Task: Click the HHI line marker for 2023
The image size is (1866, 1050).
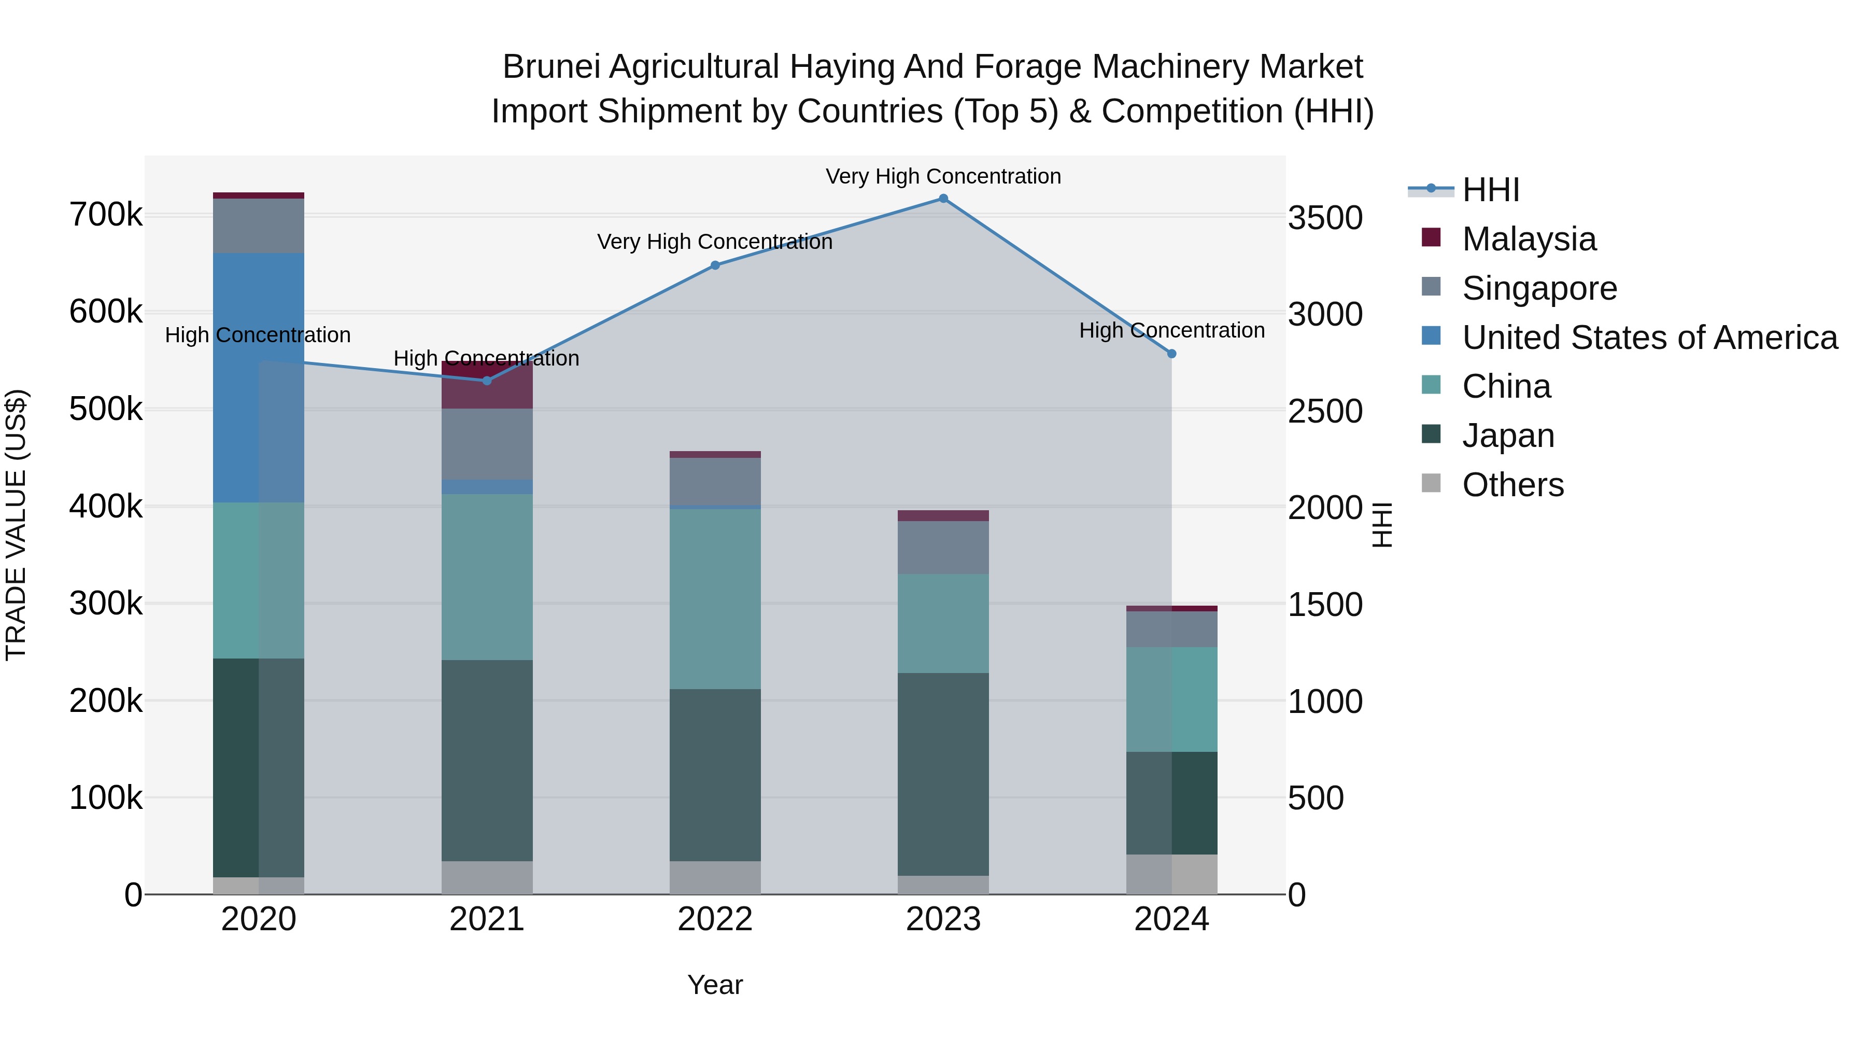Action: pyautogui.click(x=943, y=199)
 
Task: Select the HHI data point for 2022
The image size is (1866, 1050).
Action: pyautogui.click(x=715, y=265)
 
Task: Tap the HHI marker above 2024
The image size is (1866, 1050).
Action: pyautogui.click(x=1171, y=354)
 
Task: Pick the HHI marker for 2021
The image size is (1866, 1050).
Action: pyautogui.click(x=487, y=381)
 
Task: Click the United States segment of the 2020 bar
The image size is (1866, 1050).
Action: pyautogui.click(x=259, y=377)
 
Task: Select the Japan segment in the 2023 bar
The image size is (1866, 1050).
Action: pyautogui.click(x=943, y=774)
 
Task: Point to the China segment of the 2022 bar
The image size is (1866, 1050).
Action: pyautogui.click(x=715, y=598)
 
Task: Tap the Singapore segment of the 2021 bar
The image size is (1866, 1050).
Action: pyautogui.click(x=487, y=443)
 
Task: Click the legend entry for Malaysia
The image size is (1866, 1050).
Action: pyautogui.click(x=1529, y=239)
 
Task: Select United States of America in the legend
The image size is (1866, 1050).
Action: pyautogui.click(x=1649, y=338)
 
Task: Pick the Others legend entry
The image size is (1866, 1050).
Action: pyautogui.click(x=1512, y=485)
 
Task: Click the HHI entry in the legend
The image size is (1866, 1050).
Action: pyautogui.click(x=1490, y=190)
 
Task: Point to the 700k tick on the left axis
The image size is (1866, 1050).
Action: pyautogui.click(x=106, y=215)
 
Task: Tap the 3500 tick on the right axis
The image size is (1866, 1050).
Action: pyautogui.click(x=1325, y=217)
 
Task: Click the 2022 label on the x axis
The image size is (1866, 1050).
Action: pyautogui.click(x=715, y=919)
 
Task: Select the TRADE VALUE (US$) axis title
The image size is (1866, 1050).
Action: pyautogui.click(x=16, y=525)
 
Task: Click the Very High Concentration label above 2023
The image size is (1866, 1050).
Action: pyautogui.click(x=943, y=176)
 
